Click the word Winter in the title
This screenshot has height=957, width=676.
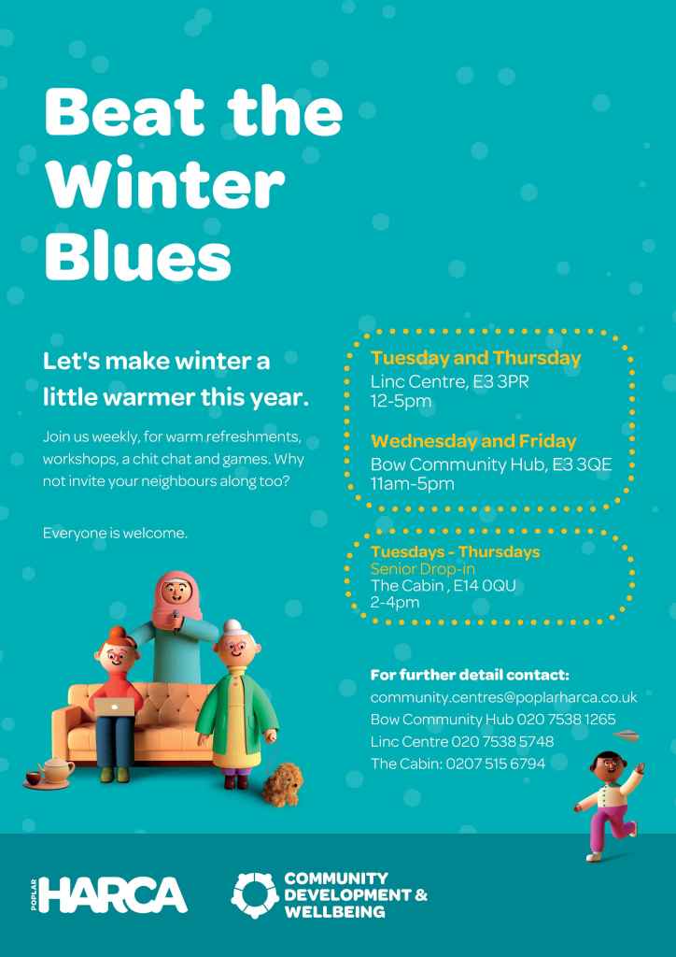click(164, 182)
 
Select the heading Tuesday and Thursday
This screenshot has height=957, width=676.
click(476, 358)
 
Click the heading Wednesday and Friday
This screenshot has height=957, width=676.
click(473, 441)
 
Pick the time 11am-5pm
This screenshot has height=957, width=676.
click(413, 484)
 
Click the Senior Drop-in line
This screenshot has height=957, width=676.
click(422, 569)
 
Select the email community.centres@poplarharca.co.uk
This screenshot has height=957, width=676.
click(503, 697)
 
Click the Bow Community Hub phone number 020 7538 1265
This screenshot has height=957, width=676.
click(566, 719)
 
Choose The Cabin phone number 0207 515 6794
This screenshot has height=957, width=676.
click(496, 763)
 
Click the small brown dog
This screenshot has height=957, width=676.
click(282, 785)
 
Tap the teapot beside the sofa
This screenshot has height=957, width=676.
click(55, 770)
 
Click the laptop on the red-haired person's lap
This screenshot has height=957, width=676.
click(114, 707)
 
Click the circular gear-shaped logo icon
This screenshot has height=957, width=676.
click(255, 895)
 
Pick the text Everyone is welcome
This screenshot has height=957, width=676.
click(115, 534)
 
